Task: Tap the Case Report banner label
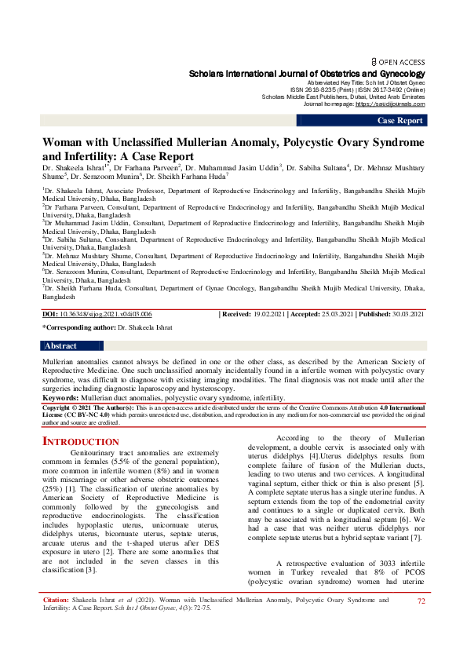[x=400, y=120]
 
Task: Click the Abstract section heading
[x=61, y=345]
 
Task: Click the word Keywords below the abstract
[x=65, y=398]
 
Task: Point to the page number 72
[x=421, y=623]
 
